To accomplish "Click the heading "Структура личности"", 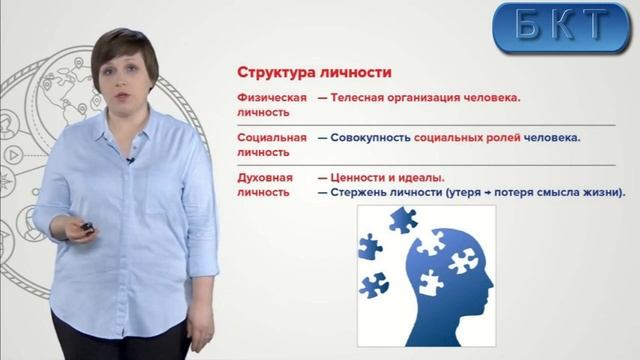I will point(313,73).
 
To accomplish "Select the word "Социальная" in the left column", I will point(270,137).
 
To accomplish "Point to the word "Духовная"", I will point(265,177).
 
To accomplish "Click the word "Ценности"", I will point(366,177).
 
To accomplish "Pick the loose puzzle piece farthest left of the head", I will point(369,246).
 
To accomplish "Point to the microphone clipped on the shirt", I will point(130,159).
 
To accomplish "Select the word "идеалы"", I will point(422,177).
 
